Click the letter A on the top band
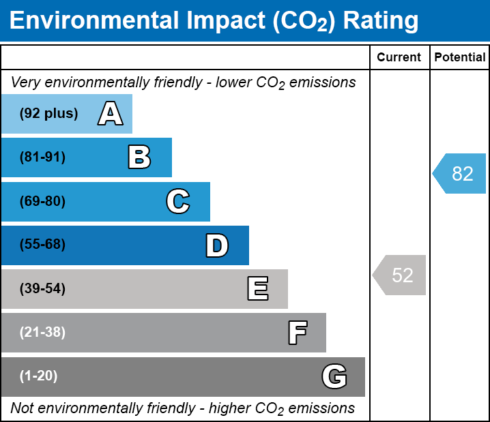tap(111, 114)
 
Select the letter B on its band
tap(139, 157)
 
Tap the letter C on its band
tap(178, 201)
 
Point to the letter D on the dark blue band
tap(217, 245)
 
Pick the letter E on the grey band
tap(257, 289)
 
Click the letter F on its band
tap(297, 333)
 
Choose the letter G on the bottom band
tap(334, 376)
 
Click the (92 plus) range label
tap(48, 114)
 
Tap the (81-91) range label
tap(42, 157)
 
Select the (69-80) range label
tap(42, 201)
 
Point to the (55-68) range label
tap(42, 245)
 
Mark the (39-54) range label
tap(42, 289)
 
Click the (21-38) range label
tap(42, 333)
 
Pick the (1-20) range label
tap(39, 376)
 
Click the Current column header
tap(399, 58)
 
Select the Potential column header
tap(460, 58)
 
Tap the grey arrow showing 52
tap(400, 275)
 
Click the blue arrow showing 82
tap(459, 174)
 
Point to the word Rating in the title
tap(381, 21)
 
